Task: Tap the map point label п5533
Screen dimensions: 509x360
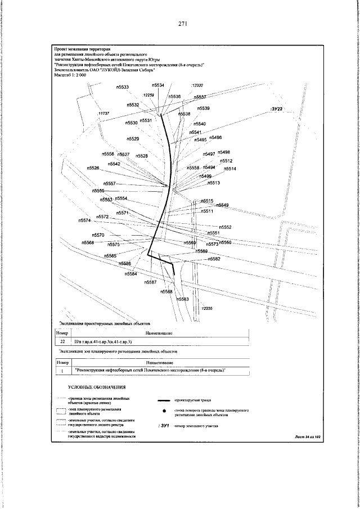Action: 123,87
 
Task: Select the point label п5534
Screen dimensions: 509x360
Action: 158,85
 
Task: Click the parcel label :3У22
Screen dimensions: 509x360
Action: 278,108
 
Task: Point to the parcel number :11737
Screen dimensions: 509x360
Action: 103,114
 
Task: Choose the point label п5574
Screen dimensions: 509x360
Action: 84,220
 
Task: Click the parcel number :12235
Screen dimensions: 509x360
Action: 206,309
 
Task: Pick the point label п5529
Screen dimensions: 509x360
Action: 133,138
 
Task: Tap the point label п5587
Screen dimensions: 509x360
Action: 150,282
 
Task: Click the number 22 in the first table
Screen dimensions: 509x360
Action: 62,341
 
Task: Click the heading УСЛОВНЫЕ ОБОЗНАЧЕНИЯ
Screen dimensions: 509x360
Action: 96,388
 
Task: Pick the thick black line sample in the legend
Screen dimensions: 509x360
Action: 164,400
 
